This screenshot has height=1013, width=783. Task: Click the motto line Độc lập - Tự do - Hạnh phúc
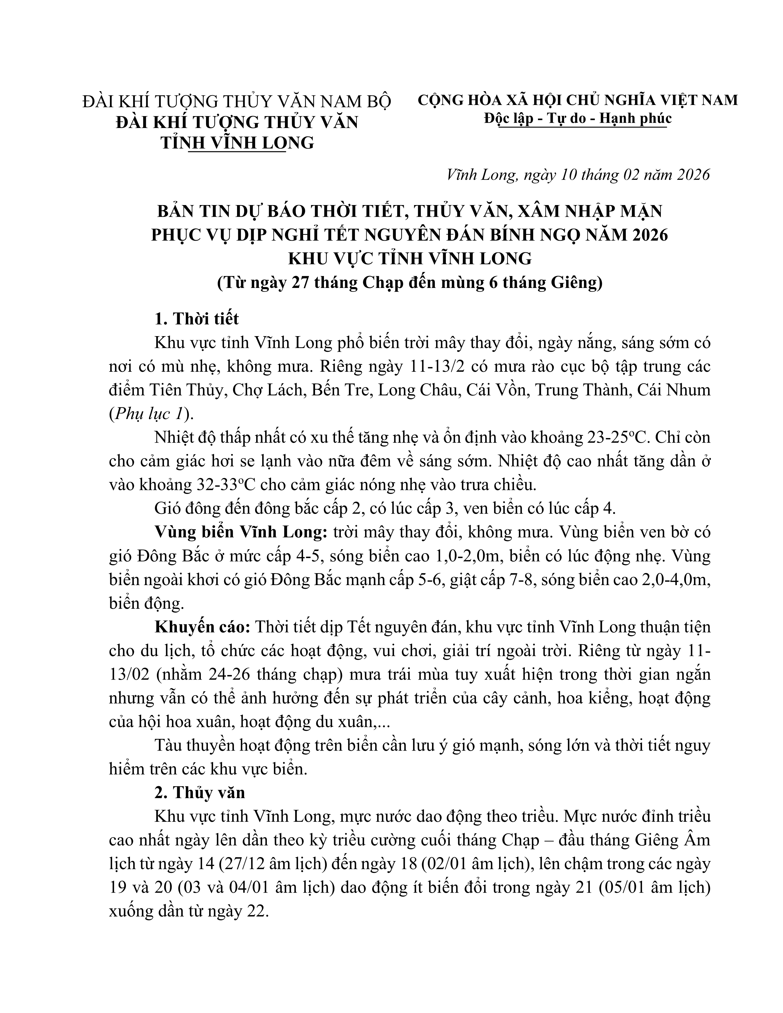(577, 119)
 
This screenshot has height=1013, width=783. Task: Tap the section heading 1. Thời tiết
(197, 319)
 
